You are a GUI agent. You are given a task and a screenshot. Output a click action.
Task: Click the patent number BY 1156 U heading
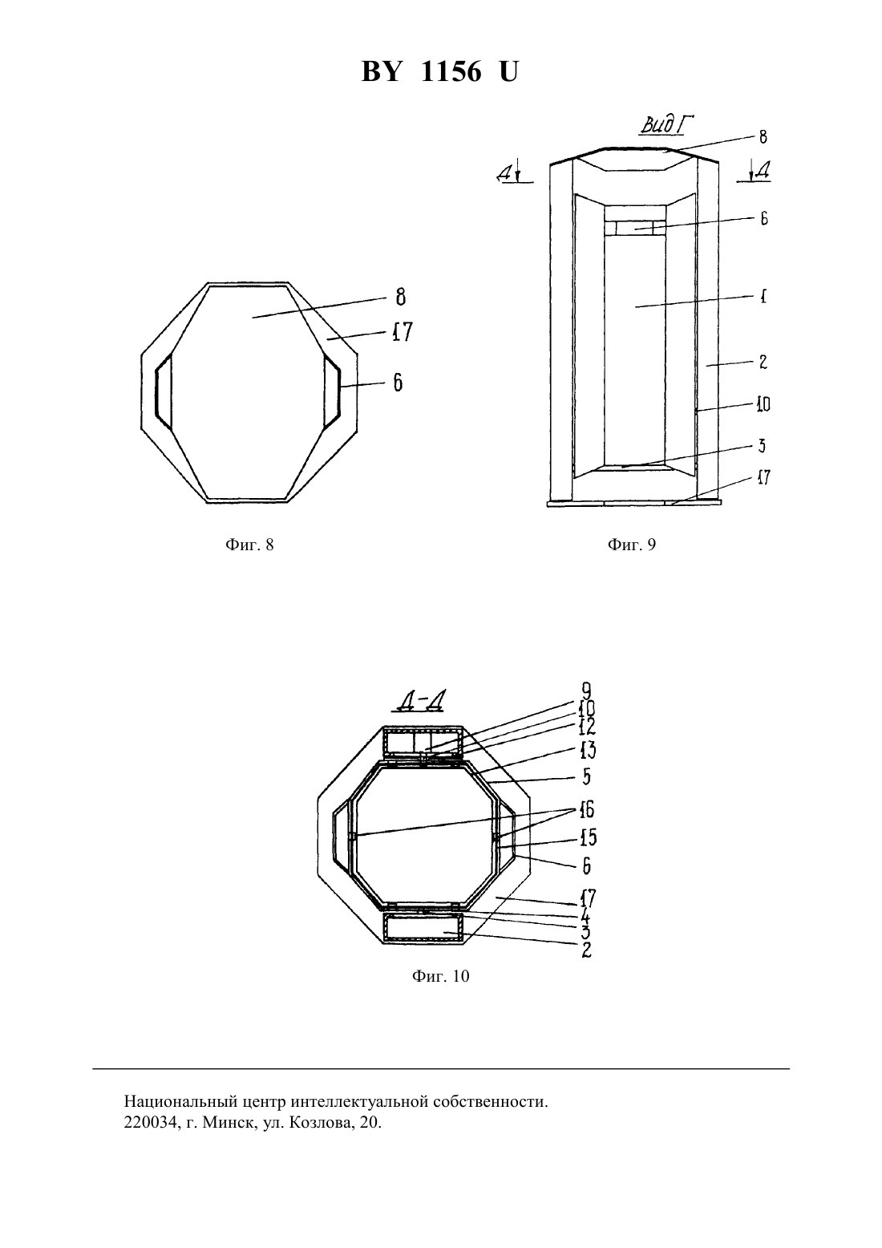coord(439,72)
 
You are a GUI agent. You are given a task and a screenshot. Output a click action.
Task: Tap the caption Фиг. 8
coord(249,545)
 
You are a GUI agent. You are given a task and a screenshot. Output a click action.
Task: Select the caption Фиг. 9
coord(632,545)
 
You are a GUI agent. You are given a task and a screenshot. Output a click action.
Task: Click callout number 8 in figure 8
coord(400,297)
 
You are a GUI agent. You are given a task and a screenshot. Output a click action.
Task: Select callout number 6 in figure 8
coord(398,383)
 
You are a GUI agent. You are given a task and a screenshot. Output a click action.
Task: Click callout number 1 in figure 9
coord(763,296)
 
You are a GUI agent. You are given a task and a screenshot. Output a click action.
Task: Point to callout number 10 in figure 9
coord(763,404)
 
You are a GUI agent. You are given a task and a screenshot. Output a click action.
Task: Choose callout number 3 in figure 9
coord(762,446)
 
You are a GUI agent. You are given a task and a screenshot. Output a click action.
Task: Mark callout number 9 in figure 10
coord(586,691)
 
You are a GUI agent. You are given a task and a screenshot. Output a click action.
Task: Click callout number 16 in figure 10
coord(586,809)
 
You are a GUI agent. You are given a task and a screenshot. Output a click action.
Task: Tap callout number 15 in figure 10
coord(588,837)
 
